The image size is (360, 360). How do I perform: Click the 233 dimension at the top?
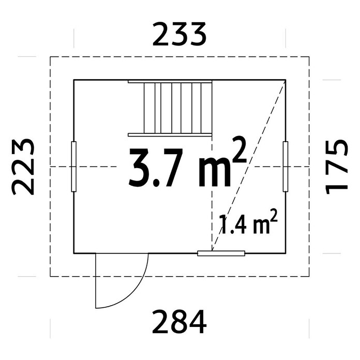click(179, 34)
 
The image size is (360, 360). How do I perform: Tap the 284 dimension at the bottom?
click(179, 322)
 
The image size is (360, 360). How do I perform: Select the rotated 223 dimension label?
click(23, 167)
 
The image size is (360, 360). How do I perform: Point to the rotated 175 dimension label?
click(337, 167)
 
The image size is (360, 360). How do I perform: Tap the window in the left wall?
click(73, 167)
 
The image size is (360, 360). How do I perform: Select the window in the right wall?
click(286, 167)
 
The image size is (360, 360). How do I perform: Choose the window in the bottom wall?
click(221, 253)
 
